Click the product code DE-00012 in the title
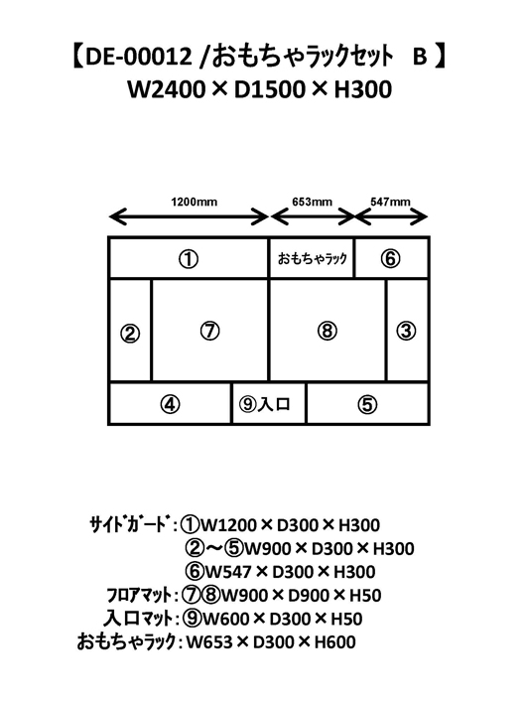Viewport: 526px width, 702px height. tap(138, 57)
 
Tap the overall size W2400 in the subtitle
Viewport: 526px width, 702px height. tap(166, 89)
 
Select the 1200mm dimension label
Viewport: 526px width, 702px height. tap(194, 202)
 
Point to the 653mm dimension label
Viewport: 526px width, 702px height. tap(312, 202)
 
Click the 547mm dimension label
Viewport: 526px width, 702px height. tap(390, 202)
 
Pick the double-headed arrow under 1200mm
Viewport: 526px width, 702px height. tap(189, 217)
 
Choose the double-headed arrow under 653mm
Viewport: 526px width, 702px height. tap(313, 217)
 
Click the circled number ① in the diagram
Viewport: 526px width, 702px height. tap(189, 259)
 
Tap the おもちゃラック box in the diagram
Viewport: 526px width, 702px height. tap(312, 258)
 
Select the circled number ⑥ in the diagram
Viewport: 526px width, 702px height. tap(390, 258)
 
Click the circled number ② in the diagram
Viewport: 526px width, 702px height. tap(130, 334)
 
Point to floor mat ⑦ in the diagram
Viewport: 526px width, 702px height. tap(210, 331)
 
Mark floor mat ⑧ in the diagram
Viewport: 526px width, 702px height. tap(328, 331)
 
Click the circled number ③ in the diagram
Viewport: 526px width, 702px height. tap(406, 331)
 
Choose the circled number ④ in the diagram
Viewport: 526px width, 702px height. tap(170, 405)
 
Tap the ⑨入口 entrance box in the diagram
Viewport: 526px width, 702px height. tap(269, 403)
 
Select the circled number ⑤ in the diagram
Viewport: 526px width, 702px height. tap(367, 405)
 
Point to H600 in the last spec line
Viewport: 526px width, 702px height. tap(334, 642)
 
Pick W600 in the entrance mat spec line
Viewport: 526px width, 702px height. tap(226, 619)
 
